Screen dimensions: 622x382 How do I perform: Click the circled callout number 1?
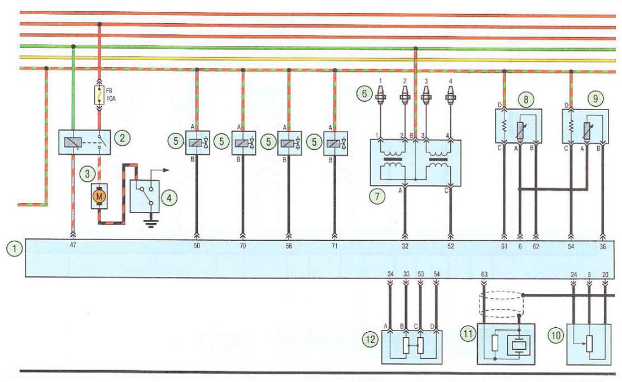tap(15, 249)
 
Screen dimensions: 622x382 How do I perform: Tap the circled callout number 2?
tap(122, 138)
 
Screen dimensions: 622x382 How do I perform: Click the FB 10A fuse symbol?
tap(99, 95)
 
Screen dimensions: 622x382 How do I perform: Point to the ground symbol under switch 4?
tap(150, 224)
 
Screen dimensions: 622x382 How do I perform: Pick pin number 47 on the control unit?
tap(73, 246)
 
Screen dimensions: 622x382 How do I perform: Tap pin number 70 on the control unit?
tap(243, 246)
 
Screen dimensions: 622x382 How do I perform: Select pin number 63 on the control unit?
tap(484, 274)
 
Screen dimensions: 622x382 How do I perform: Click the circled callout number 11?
tap(468, 333)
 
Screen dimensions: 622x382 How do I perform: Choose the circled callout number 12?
tap(371, 339)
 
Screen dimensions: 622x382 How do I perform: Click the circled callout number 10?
tap(556, 336)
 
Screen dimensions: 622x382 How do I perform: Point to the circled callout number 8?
tap(525, 99)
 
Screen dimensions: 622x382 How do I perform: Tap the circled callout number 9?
tap(595, 98)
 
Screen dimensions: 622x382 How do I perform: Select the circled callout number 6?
tap(364, 94)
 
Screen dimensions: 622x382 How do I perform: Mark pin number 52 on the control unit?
tap(451, 246)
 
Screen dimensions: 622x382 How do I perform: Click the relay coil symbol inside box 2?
tap(74, 142)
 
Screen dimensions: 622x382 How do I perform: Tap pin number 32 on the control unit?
tap(404, 246)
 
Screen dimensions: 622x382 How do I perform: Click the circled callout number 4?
tap(169, 198)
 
